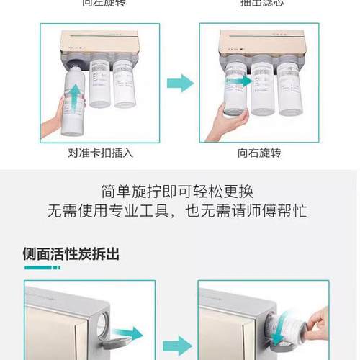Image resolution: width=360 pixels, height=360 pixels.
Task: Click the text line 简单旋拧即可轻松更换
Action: tap(179, 192)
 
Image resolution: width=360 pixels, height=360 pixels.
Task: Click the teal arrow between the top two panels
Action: tap(179, 84)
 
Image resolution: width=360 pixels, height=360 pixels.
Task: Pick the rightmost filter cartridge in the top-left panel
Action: tap(123, 83)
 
